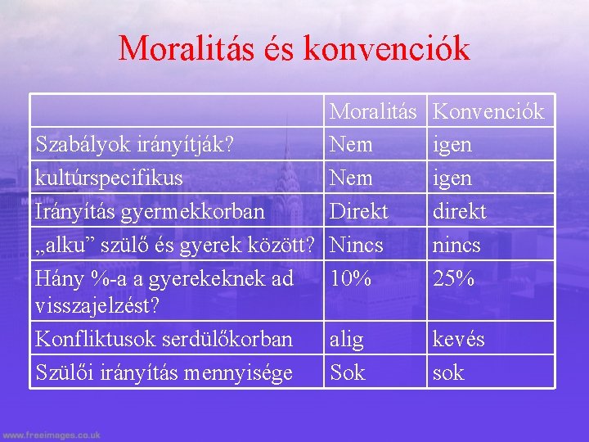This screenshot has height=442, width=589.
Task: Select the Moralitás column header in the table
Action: point(373,111)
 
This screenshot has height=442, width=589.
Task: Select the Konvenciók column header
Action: point(488,111)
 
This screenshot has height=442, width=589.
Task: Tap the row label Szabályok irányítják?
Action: point(135,145)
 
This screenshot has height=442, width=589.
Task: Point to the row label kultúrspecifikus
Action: point(109,178)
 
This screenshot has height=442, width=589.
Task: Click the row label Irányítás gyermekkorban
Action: point(150,211)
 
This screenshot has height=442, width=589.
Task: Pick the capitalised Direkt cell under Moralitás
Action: point(358,211)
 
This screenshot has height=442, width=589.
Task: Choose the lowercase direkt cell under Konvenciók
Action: point(459,211)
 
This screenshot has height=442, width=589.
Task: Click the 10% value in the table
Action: point(350,278)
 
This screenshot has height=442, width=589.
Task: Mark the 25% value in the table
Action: point(453,278)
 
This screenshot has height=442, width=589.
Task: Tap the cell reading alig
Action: point(347,339)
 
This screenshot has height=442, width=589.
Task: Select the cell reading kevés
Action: point(458,339)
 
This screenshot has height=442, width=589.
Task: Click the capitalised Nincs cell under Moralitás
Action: point(356,245)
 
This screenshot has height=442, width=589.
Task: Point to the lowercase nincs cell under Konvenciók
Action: point(456,245)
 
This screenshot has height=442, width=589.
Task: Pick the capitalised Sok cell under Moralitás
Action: point(347,372)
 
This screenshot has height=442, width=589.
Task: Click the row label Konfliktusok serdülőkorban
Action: point(164,339)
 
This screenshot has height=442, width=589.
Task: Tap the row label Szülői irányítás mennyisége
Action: point(164,372)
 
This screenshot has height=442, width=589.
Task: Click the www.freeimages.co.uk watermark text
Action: point(51,435)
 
